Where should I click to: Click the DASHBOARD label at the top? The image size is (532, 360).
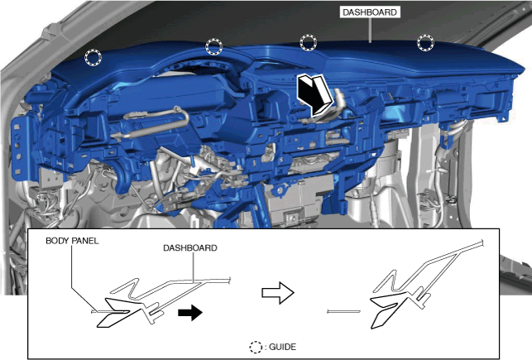370,12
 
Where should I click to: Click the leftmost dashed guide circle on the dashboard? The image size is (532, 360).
93,57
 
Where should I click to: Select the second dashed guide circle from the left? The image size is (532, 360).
214,46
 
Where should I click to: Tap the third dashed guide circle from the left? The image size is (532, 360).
309,42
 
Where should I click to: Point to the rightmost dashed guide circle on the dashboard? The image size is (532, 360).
425,43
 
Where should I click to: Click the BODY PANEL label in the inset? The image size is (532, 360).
72,241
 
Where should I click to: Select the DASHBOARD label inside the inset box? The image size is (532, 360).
190,248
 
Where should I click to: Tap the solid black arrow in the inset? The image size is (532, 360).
190,312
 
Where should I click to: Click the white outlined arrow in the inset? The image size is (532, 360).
278,292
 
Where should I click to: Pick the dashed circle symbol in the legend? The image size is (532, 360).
256,347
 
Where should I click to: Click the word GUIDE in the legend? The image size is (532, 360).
283,347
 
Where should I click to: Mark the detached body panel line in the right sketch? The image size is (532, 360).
343,311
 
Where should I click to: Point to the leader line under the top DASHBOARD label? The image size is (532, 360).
370,31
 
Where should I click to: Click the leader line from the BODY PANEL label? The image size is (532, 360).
81,278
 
